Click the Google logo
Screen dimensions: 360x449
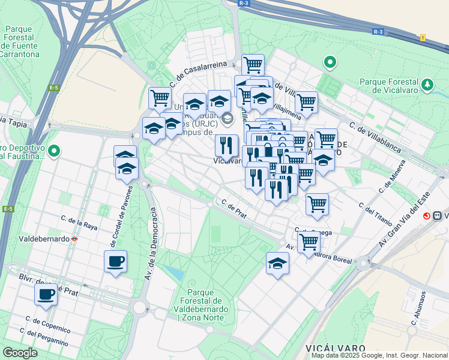point(20,353)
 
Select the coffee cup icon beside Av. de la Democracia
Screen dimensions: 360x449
point(115,261)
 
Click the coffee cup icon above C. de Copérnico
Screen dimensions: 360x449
point(46,295)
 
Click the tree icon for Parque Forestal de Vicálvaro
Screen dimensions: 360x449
point(427,85)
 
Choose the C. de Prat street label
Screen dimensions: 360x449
point(234,209)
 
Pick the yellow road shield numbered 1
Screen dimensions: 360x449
point(423,38)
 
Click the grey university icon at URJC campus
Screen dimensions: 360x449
point(227,118)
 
